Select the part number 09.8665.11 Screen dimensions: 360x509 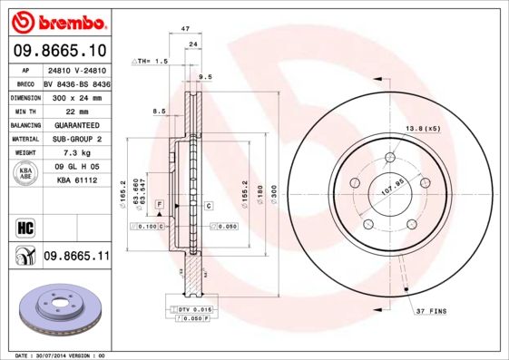[x=76, y=258]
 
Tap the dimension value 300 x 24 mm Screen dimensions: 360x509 [x=76, y=97]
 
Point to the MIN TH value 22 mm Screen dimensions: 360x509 [x=76, y=111]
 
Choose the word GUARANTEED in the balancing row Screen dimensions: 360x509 [x=76, y=125]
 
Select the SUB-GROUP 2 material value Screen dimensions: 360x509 [x=76, y=140]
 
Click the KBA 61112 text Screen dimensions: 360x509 [x=76, y=181]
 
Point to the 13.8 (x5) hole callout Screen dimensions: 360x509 [x=422, y=129]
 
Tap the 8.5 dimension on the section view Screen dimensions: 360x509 [x=159, y=111]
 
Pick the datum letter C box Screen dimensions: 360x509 [x=208, y=206]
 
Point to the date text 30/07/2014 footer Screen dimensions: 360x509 [x=54, y=355]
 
